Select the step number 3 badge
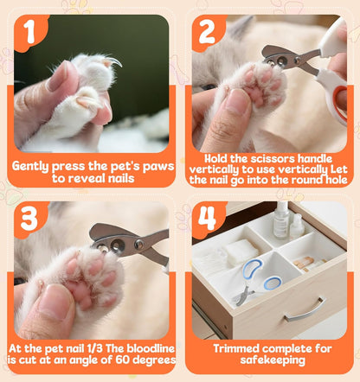click(30, 219)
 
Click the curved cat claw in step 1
click(115, 61)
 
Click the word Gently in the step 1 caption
click(30, 167)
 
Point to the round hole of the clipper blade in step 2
click(281, 60)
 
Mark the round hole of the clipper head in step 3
click(118, 245)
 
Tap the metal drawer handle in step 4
click(306, 310)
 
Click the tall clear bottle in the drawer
click(281, 220)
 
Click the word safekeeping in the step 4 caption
click(273, 360)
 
